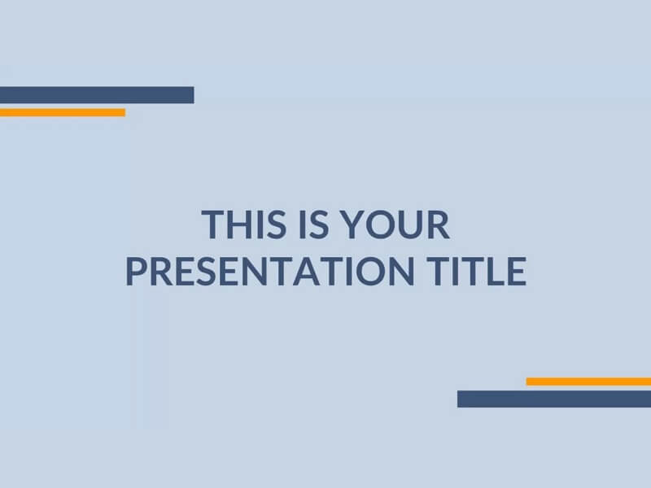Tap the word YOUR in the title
[395, 224]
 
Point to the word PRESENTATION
[270, 272]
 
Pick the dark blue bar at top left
[97, 95]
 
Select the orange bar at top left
[63, 112]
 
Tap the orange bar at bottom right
[588, 381]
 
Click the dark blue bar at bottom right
[554, 399]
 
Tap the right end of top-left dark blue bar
[194, 95]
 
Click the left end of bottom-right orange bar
[526, 381]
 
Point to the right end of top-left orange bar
[125, 112]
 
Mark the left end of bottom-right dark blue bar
[458, 399]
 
